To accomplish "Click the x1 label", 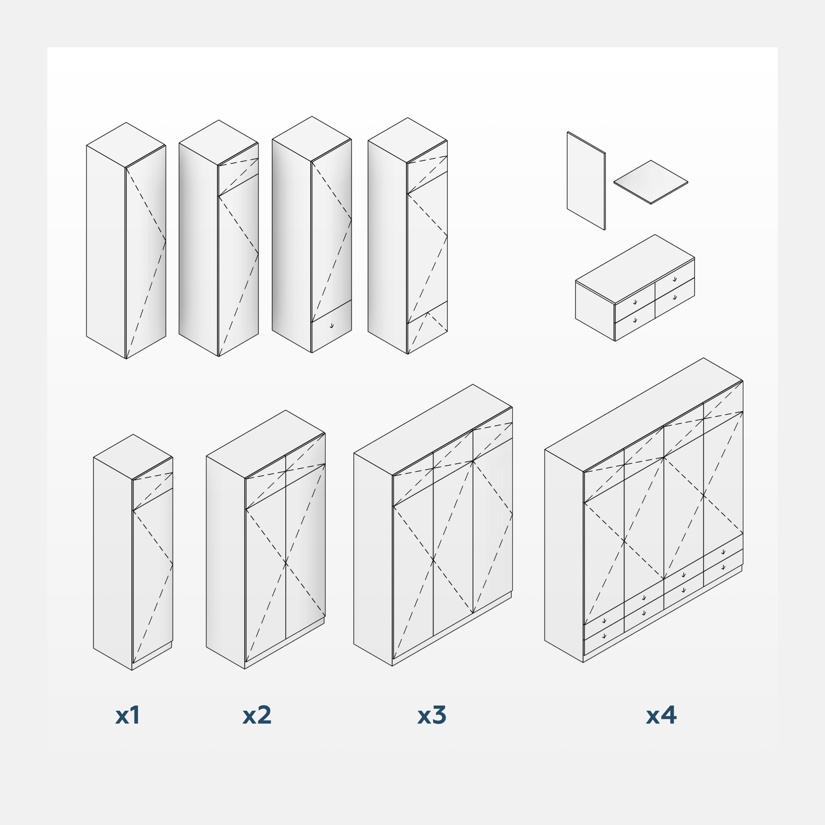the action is (128, 715).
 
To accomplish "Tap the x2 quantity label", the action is (257, 715).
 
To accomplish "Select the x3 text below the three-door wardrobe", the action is (432, 715).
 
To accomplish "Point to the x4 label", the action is (661, 715).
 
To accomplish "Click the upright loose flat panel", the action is (586, 181).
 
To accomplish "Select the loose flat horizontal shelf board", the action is (651, 182).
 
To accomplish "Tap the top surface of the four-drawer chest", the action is (635, 269).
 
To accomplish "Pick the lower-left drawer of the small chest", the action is (635, 321).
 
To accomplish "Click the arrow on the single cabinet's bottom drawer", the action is (332, 326).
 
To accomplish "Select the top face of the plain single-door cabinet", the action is (126, 145).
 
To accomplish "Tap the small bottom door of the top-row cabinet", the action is (428, 327).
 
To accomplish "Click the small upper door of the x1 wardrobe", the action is (153, 484).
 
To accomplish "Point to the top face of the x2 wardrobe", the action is (266, 444).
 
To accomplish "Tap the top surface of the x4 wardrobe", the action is (644, 415).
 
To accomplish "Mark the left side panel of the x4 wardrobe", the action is (564, 556).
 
